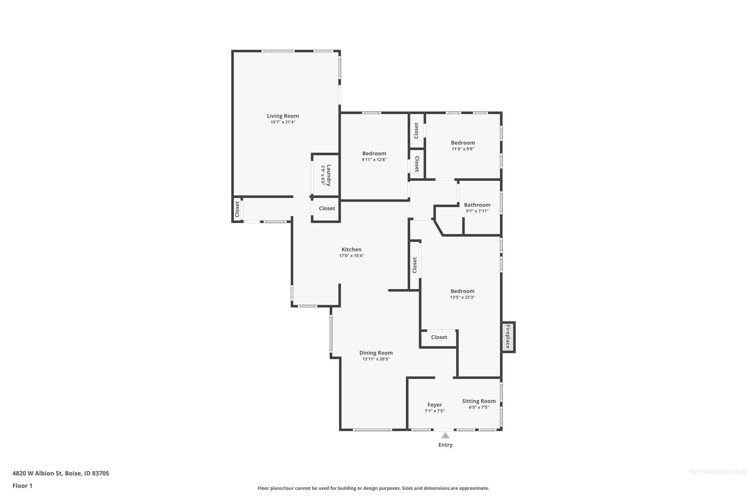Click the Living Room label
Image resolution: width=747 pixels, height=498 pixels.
pos(283,116)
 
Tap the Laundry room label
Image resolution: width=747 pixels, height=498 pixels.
pos(329,175)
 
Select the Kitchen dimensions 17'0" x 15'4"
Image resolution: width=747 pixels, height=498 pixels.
pos(351,255)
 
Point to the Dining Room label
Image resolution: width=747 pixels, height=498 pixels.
pos(376,353)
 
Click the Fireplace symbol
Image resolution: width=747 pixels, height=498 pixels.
pos(508,337)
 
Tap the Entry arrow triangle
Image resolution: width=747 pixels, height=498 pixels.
pos(445,435)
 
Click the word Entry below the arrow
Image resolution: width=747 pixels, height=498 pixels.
pos(445,445)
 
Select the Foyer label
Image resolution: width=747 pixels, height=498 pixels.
pos(434,404)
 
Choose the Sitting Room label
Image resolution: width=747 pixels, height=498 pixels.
pos(479,401)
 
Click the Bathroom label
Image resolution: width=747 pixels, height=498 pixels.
pos(477,205)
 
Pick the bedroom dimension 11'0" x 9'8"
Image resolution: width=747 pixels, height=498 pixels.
pos(463,149)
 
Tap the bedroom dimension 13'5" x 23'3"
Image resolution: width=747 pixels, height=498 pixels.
pos(462,297)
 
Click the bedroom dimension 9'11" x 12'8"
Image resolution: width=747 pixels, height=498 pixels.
pos(374,160)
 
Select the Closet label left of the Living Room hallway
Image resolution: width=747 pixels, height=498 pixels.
pos(237,209)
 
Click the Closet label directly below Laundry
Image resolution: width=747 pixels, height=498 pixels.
pos(327,208)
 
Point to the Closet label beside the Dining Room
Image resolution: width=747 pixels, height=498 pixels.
pos(439,337)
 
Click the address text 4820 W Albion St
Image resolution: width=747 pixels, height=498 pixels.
pos(37,473)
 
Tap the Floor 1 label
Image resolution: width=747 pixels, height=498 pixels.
pos(22,486)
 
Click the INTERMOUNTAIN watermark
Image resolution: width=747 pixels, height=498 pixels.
pos(717,472)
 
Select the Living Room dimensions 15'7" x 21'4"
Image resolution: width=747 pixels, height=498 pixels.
pos(283,122)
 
